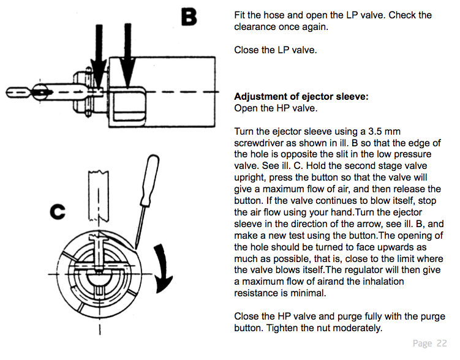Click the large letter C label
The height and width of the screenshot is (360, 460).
[x=58, y=212]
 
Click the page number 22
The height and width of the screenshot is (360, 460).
[x=442, y=343]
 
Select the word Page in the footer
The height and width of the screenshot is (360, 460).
[x=422, y=343]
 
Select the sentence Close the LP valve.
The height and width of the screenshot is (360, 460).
[x=276, y=50]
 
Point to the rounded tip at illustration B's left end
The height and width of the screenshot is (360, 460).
[x=11, y=93]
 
